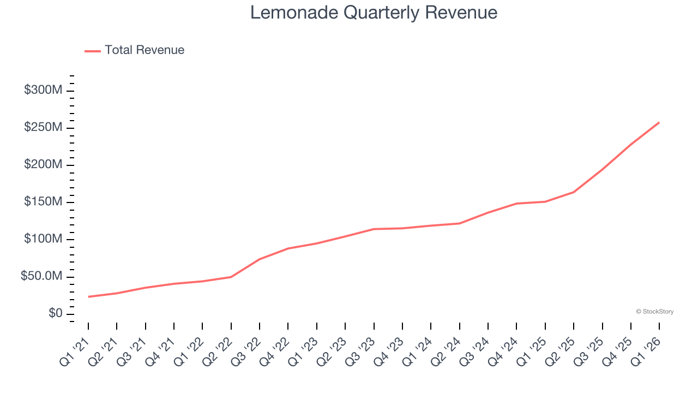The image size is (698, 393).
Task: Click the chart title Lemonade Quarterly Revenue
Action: click(x=374, y=13)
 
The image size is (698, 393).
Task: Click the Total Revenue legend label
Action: click(x=145, y=50)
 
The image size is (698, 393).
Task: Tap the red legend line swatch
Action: click(x=93, y=51)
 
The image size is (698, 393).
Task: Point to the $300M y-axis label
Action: click(x=43, y=90)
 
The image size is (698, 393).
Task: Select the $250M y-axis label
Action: click(x=43, y=127)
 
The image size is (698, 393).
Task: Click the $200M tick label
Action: click(x=43, y=165)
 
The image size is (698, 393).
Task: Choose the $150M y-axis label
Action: click(x=43, y=202)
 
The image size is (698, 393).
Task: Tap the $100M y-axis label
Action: click(x=43, y=239)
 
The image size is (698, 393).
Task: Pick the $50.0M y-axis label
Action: click(x=41, y=277)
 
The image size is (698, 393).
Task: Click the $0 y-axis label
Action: click(x=55, y=314)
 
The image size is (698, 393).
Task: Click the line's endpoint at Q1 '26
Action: click(x=659, y=122)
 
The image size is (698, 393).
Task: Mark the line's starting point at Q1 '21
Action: click(x=88, y=297)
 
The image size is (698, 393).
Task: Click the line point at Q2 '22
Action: click(x=231, y=277)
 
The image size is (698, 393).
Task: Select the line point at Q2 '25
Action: click(x=574, y=192)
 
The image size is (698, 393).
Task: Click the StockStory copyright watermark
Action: click(x=654, y=312)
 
